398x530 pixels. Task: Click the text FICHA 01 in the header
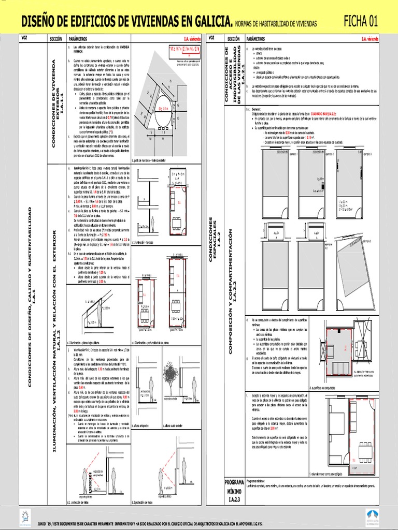click(361, 21)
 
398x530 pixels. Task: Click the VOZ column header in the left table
click(24, 38)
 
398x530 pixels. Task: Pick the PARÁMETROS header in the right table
click(258, 39)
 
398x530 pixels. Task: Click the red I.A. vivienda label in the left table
click(191, 39)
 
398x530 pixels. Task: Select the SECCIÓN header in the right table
click(233, 39)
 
